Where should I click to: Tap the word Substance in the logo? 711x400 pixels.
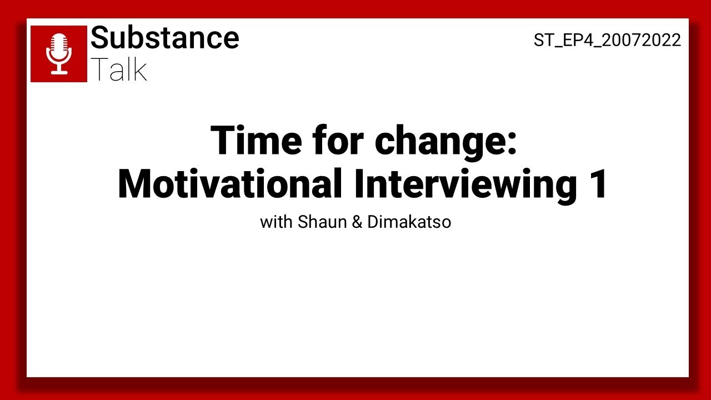(164, 38)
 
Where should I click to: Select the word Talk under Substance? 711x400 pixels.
(118, 69)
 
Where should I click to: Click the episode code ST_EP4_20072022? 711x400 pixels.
(607, 40)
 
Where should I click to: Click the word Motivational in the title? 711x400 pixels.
(229, 184)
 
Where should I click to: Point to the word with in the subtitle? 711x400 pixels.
(276, 222)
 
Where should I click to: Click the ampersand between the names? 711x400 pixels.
(357, 222)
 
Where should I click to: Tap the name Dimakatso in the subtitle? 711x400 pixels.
(409, 222)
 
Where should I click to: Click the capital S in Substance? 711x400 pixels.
(100, 38)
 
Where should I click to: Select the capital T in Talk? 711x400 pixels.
(99, 69)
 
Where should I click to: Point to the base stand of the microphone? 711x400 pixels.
(59, 72)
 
